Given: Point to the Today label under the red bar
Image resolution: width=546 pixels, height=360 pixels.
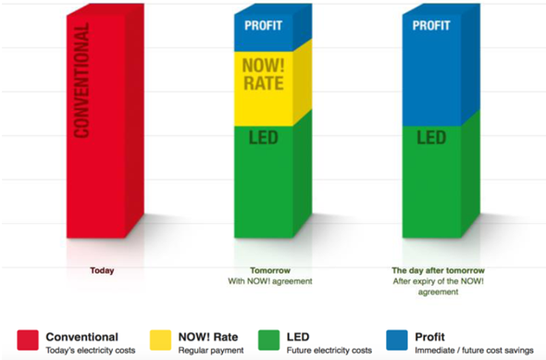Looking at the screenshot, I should pos(103,271).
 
